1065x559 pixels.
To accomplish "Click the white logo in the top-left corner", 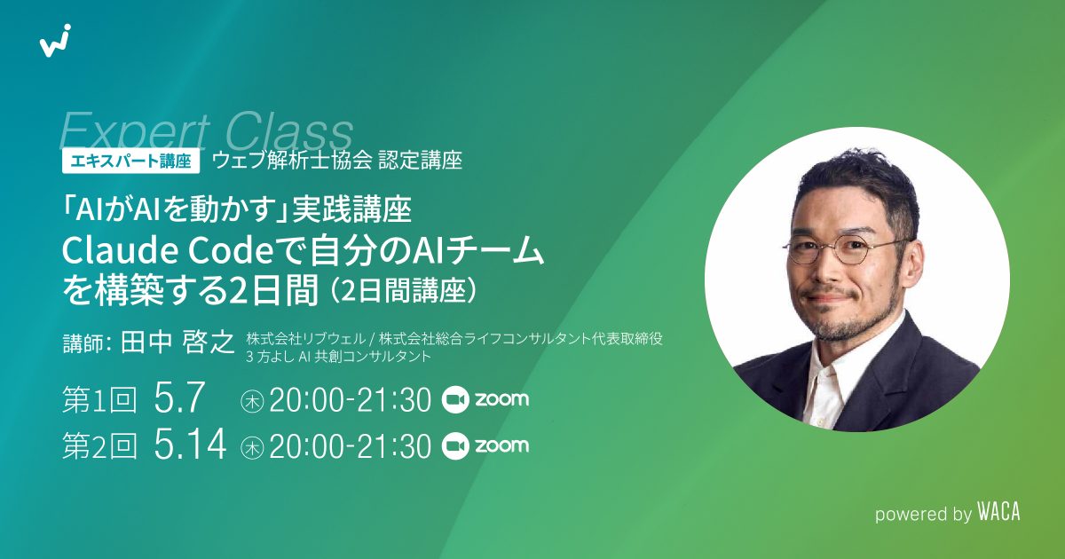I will (55, 42).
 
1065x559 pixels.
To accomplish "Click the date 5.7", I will (180, 399).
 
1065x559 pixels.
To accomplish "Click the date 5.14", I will (189, 446).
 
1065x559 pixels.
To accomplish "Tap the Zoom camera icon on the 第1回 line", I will (454, 399).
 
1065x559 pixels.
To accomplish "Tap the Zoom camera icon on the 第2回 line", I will (454, 445).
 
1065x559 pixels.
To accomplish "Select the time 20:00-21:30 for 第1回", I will (350, 400).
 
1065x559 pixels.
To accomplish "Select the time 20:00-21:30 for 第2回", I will (350, 446).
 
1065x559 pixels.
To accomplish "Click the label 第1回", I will (99, 400).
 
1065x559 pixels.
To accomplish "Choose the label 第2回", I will (99, 446).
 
